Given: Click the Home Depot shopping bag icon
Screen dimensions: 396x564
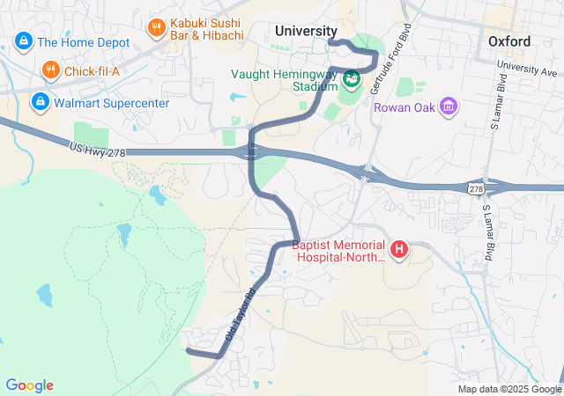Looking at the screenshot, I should (23, 41).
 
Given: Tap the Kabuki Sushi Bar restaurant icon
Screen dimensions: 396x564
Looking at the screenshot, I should (157, 27).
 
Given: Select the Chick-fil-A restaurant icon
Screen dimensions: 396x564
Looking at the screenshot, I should (50, 70).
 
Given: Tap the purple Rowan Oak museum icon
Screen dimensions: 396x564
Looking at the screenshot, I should (449, 107).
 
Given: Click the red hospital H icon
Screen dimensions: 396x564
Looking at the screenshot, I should (399, 251).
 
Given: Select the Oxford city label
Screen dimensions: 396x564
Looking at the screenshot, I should (509, 41).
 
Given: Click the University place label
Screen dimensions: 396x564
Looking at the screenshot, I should (306, 31).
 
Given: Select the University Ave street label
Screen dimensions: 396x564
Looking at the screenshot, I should (528, 66).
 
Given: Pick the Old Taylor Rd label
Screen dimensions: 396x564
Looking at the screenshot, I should (239, 315).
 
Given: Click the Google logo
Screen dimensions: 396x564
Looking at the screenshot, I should (29, 385).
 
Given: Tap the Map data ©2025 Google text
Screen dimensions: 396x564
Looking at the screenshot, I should (508, 389).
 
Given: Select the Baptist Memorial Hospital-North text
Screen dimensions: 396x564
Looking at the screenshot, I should (340, 251).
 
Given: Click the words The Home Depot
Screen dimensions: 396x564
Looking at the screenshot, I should (85, 41).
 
